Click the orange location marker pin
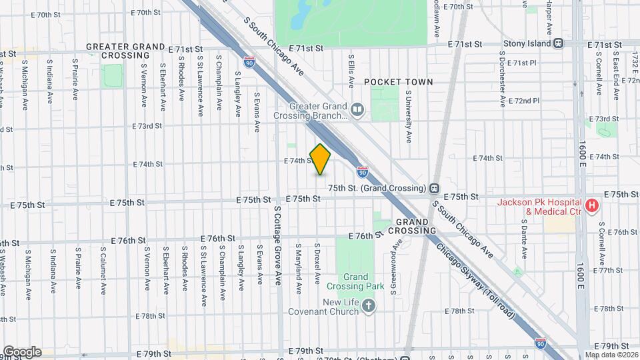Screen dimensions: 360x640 321,159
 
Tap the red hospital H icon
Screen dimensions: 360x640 591,206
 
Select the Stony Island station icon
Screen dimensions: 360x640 559,43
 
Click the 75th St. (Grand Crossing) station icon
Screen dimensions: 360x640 434,187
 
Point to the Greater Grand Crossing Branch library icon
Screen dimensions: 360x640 358,109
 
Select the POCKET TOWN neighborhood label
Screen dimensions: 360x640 399,82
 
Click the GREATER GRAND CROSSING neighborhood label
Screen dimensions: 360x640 125,51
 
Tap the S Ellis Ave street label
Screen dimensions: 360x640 351,71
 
